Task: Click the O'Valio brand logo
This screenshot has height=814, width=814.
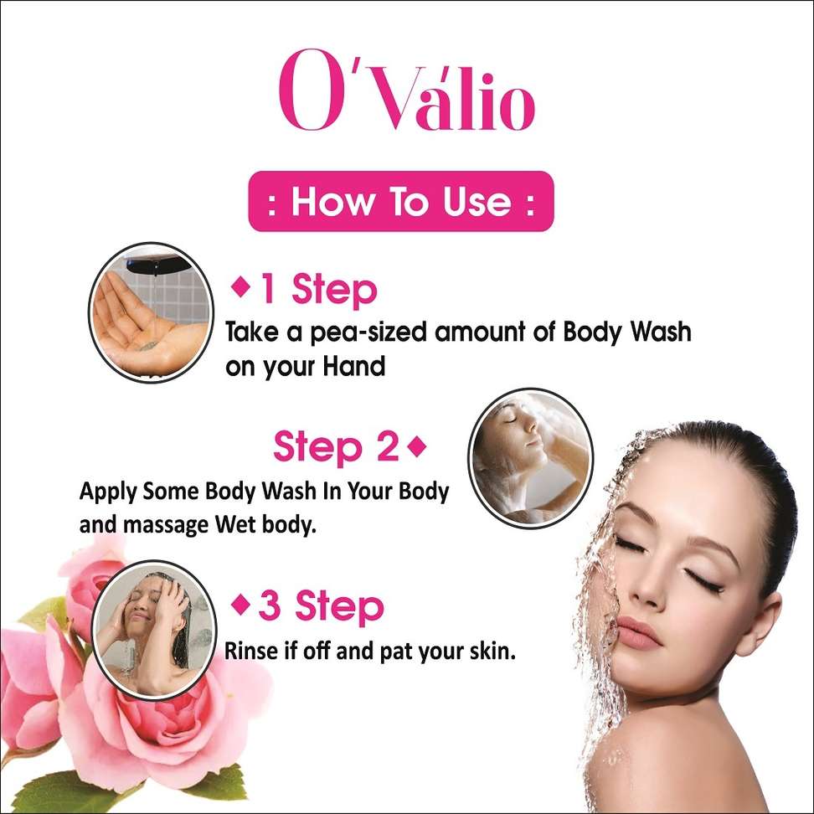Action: [406, 90]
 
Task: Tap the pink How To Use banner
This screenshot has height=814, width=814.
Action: [401, 201]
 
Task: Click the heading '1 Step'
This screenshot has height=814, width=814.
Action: [318, 290]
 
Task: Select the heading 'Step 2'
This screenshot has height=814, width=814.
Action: [336, 446]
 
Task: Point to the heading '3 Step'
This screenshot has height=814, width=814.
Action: [321, 605]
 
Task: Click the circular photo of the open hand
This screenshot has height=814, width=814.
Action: [151, 313]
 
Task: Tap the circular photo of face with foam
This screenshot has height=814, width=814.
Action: [531, 458]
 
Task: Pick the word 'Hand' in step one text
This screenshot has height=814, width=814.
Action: [354, 366]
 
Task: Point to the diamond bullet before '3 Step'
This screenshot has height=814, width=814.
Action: [240, 605]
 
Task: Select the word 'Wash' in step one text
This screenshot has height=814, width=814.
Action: [661, 332]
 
